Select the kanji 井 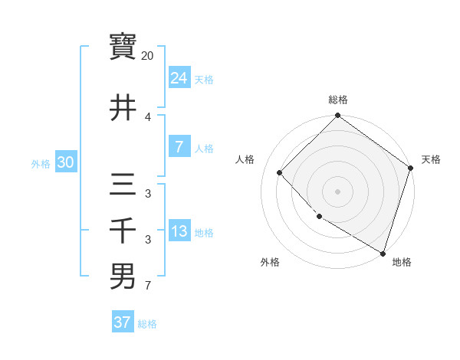click(123, 108)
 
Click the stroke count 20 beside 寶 click(148, 56)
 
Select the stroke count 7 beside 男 click(148, 287)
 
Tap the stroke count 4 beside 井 click(148, 117)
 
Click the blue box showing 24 click(179, 77)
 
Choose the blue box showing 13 click(179, 231)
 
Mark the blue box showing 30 click(65, 162)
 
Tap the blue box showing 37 click(122, 322)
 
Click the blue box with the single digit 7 click(179, 147)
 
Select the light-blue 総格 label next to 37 click(147, 324)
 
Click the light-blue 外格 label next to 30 click(41, 163)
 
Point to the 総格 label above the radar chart click(338, 100)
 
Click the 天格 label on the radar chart click(431, 159)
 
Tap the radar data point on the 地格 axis click(383, 252)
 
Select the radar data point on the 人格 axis click(280, 172)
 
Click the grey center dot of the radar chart click(337, 191)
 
